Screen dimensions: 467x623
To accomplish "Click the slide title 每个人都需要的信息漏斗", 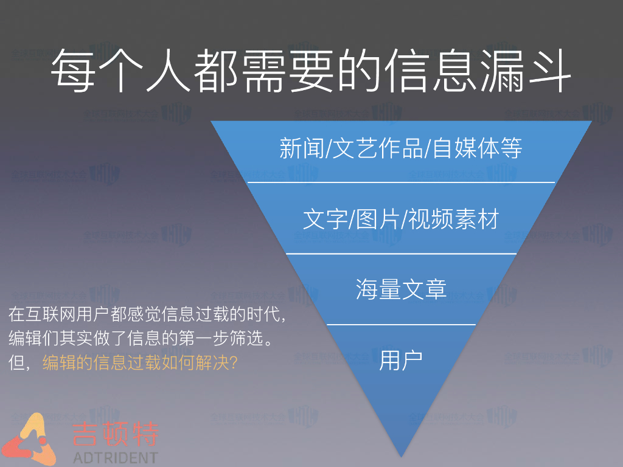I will pos(310,72).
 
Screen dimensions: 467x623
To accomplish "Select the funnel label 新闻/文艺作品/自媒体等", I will pos(400,148).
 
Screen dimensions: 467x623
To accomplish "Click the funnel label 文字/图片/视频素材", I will pos(400,219).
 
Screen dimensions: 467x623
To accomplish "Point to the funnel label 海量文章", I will pos(401,289).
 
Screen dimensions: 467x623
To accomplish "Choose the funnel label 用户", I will pos(401,359).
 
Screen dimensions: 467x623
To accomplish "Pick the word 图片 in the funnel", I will pos(376,219).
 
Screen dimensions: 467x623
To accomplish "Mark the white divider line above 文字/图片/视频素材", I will pos(401,182).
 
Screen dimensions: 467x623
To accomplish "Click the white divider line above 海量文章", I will pos(401,254).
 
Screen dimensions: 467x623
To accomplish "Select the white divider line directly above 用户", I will pos(401,325).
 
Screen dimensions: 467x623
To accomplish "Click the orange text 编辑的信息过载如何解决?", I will pos(139,363).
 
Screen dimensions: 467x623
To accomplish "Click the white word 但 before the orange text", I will pos(17,363).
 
